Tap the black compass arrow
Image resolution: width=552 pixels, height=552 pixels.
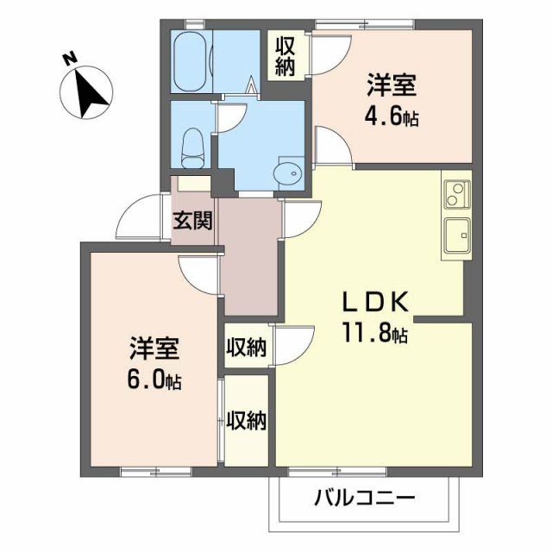(89, 94)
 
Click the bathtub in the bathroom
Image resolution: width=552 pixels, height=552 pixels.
(191, 62)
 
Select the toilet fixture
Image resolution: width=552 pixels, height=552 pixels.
(194, 147)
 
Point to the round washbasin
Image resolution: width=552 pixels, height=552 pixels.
(290, 173)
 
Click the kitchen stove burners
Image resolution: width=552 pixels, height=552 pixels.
(456, 195)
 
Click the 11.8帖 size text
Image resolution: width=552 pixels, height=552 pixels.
(374, 333)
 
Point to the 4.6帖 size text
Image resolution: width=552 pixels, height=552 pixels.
(392, 116)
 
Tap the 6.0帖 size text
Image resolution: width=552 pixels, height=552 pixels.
(155, 379)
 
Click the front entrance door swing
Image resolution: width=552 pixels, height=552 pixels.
(141, 216)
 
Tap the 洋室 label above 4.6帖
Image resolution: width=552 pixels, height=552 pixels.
(392, 87)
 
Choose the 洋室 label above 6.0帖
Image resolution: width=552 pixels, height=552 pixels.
(155, 350)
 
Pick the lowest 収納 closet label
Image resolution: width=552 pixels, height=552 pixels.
(246, 420)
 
